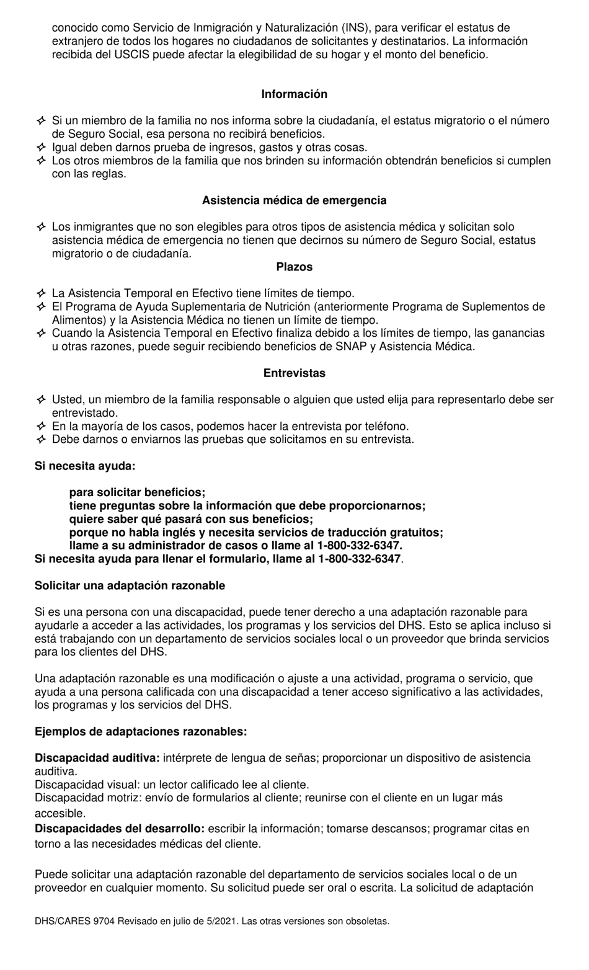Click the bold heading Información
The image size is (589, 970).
pyautogui.click(x=294, y=94)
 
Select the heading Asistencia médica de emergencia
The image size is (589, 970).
pyautogui.click(x=294, y=200)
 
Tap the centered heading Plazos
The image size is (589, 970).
pyautogui.click(x=294, y=267)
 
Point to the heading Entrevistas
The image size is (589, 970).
pyautogui.click(x=294, y=373)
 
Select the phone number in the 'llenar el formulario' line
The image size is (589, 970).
pyautogui.click(x=360, y=559)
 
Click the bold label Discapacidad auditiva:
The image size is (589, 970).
pyautogui.click(x=97, y=758)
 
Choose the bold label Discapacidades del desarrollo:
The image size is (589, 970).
pyautogui.click(x=119, y=829)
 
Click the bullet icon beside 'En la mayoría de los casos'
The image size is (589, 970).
pyautogui.click(x=41, y=427)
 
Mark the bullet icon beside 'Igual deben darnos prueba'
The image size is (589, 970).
pyautogui.click(x=41, y=148)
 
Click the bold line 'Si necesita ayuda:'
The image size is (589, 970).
pyautogui.click(x=85, y=466)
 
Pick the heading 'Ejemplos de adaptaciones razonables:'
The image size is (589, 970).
pyautogui.click(x=141, y=731)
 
